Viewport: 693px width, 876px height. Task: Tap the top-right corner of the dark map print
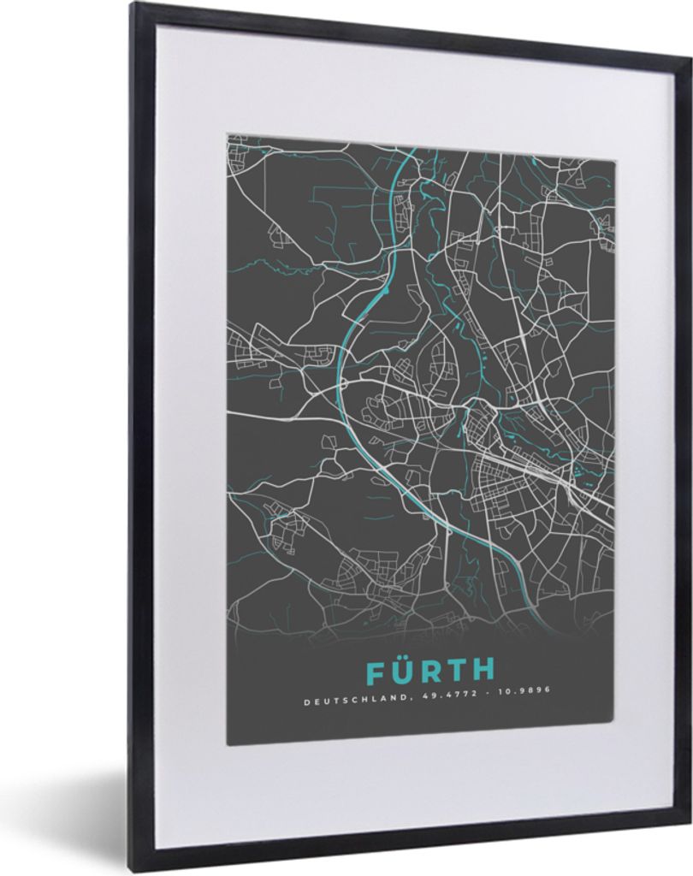click(614, 159)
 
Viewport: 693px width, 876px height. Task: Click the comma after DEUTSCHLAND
click(403, 703)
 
